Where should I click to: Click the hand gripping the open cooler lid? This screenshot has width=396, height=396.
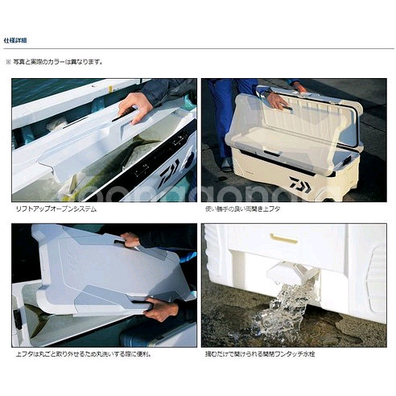coord(276,100)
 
